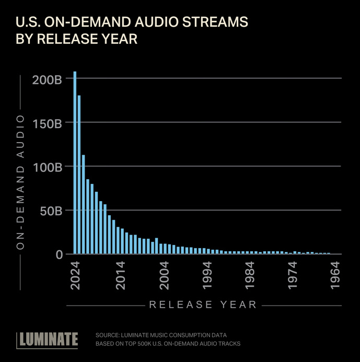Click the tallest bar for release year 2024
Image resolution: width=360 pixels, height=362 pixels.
tap(75, 163)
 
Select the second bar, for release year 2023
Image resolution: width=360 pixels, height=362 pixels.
tap(79, 175)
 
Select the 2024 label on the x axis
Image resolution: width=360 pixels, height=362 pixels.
tap(77, 275)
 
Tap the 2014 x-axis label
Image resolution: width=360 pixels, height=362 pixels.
tap(120, 275)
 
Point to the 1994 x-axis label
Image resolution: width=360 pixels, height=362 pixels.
tap(207, 275)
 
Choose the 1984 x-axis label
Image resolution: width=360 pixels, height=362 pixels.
tap(250, 275)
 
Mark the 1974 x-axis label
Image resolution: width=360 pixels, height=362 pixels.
tap(294, 275)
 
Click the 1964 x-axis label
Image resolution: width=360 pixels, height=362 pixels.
tap(336, 275)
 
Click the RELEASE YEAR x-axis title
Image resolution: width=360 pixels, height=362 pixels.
tap(203, 305)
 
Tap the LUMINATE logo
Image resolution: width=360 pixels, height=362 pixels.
tap(48, 340)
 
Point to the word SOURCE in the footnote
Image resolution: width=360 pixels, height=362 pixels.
tap(108, 335)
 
